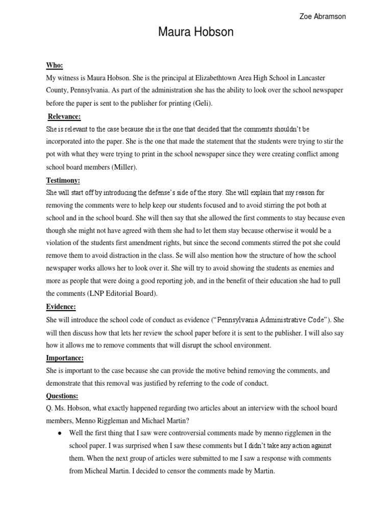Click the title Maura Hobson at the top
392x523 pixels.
[195, 33]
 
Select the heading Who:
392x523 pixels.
[55, 65]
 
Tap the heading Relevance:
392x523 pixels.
[65, 116]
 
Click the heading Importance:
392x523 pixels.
[65, 358]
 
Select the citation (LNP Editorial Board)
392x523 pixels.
[122, 294]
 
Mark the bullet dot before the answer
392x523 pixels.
[60, 433]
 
